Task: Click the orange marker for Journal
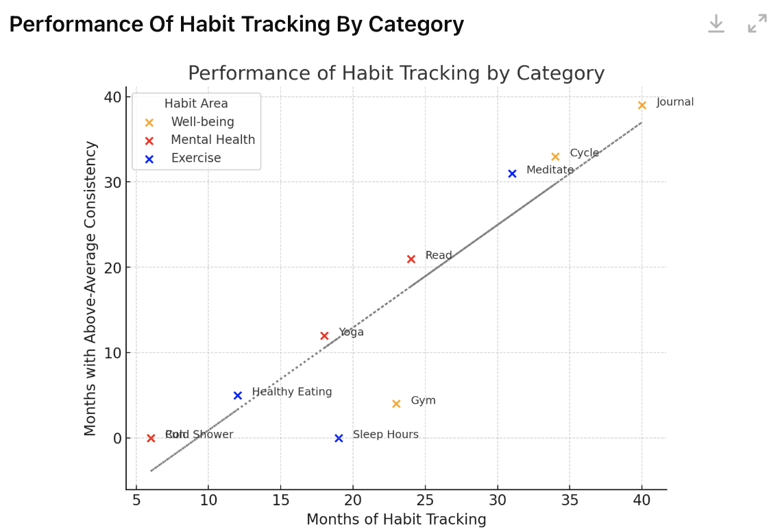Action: (642, 106)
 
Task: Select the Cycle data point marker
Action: (555, 157)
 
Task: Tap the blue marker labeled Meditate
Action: (512, 174)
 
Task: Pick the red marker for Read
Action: (411, 259)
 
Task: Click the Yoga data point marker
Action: (324, 336)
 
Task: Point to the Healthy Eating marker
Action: (238, 396)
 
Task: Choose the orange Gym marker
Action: (396, 404)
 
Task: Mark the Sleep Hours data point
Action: (339, 438)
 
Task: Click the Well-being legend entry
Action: (202, 122)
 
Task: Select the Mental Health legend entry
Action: (212, 140)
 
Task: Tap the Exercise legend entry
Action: (196, 158)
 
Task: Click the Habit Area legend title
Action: (196, 104)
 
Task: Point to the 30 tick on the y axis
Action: (113, 182)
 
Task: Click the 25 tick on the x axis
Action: (425, 501)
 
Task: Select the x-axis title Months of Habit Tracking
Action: (396, 520)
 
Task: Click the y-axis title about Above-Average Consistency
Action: (91, 288)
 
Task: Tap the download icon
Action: (716, 23)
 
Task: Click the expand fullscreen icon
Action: (757, 23)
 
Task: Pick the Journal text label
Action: (675, 102)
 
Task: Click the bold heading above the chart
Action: (236, 25)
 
